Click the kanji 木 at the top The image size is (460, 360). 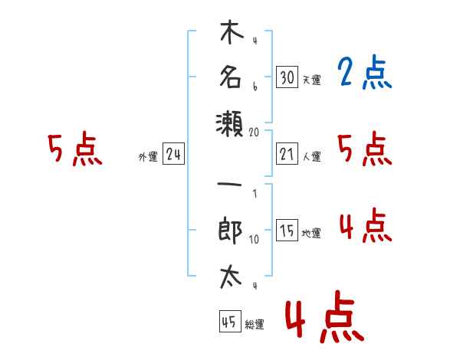pyautogui.click(x=232, y=31)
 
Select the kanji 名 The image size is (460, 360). pyautogui.click(x=231, y=77)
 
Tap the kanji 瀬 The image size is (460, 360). pyautogui.click(x=230, y=124)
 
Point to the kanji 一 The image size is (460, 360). pyautogui.click(x=229, y=185)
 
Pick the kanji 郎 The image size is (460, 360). pyautogui.click(x=230, y=230)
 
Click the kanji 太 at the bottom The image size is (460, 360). pyautogui.click(x=231, y=277)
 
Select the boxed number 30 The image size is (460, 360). pyautogui.click(x=287, y=77)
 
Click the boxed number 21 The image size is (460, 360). pyautogui.click(x=287, y=154)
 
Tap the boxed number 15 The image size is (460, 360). pyautogui.click(x=287, y=230)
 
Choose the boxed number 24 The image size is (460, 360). pyautogui.click(x=173, y=154)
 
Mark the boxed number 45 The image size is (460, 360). pyautogui.click(x=230, y=321)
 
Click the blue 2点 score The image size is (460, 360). pyautogui.click(x=365, y=72)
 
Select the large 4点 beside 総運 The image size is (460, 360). pyautogui.click(x=325, y=317)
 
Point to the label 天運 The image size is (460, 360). pyautogui.click(x=312, y=80)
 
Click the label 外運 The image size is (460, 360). pyautogui.click(x=148, y=156)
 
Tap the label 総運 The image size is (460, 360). pyautogui.click(x=255, y=324)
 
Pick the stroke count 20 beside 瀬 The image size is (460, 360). pyautogui.click(x=254, y=133)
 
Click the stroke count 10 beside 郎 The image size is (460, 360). pyautogui.click(x=254, y=239)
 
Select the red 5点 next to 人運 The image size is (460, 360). pyautogui.click(x=365, y=149)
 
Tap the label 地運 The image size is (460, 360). pyautogui.click(x=311, y=234)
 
